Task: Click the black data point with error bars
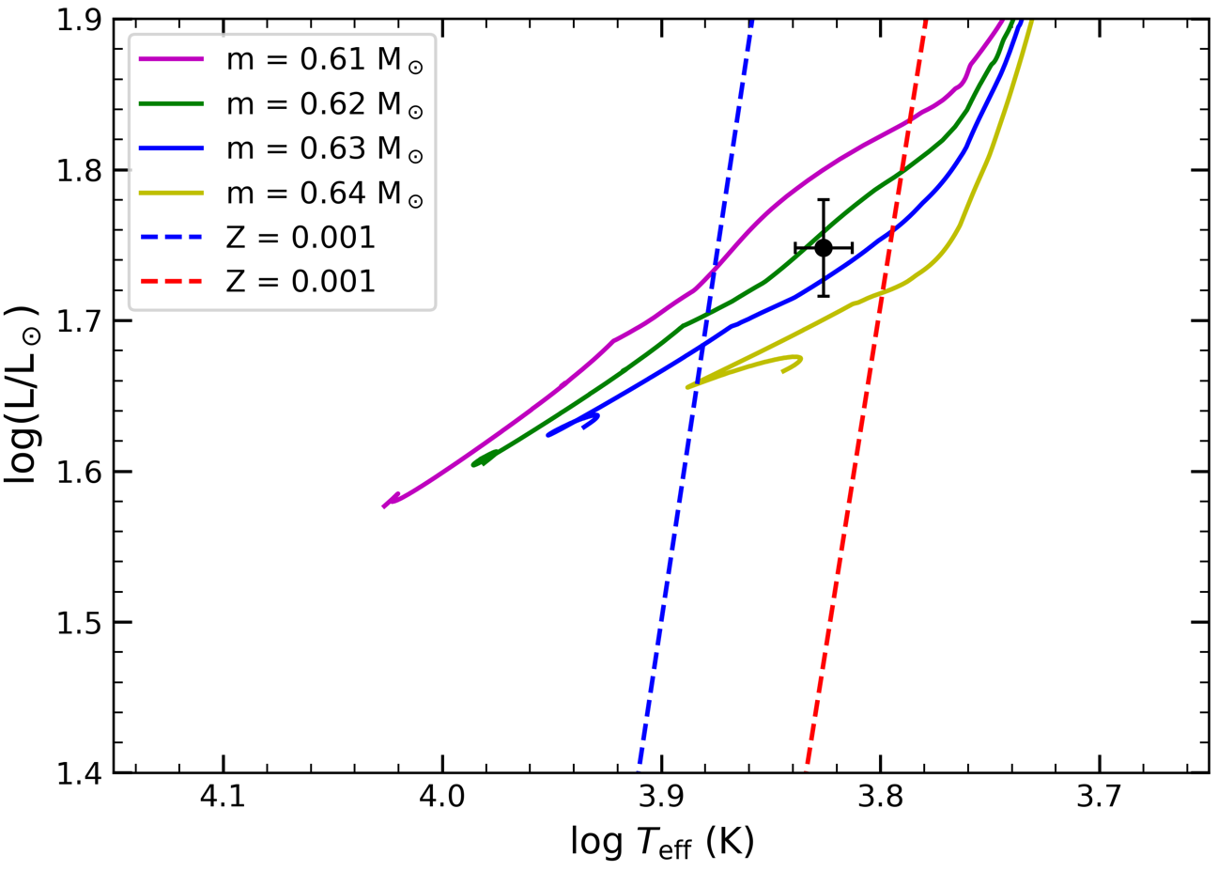coord(824,248)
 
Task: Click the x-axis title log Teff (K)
coord(662,842)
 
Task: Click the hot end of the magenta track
coord(385,505)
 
